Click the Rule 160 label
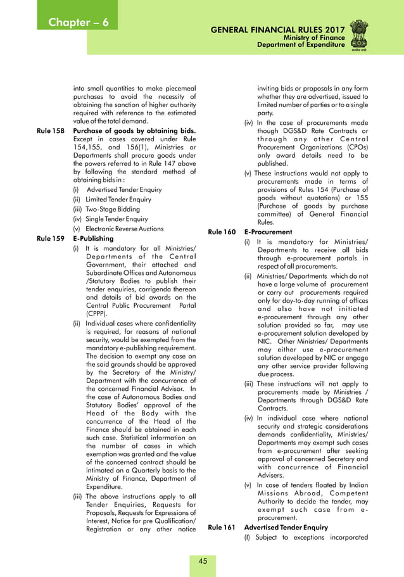[223, 232]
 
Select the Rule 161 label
[223, 528]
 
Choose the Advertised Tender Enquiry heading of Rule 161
[286, 528]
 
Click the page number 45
[203, 561]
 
